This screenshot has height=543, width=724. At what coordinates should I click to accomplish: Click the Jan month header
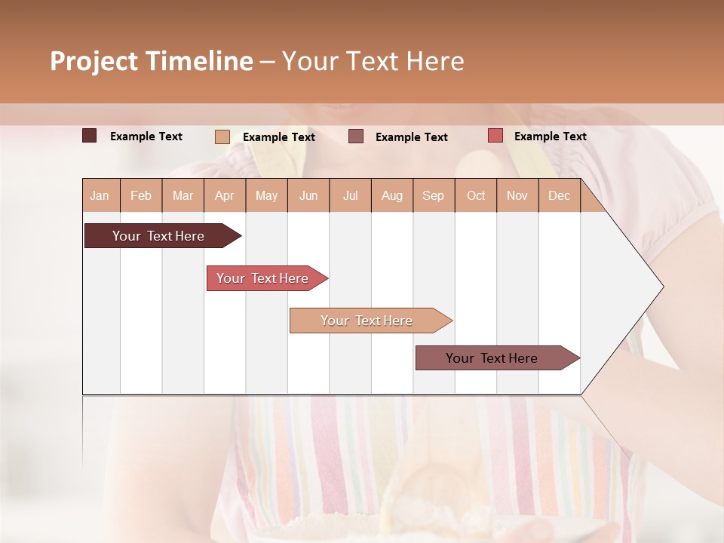[100, 195]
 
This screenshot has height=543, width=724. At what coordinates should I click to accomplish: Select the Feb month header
[141, 195]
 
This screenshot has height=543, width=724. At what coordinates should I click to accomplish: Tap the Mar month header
[183, 195]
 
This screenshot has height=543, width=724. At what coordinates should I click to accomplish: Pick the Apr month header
[224, 195]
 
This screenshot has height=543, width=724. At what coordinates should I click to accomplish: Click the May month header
[266, 195]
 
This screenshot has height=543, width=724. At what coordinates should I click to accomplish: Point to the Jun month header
[308, 195]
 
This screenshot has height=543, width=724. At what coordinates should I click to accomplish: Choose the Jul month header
[350, 195]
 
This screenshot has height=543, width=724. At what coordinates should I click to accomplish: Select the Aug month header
[391, 195]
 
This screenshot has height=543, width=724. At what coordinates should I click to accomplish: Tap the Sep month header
[433, 195]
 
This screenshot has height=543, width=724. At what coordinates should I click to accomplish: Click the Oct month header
[476, 195]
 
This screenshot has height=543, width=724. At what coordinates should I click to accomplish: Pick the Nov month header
[517, 195]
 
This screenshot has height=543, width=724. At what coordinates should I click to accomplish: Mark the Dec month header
[559, 195]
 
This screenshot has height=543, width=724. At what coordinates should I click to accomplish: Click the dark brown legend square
[90, 136]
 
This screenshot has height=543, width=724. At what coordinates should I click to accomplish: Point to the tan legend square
[222, 137]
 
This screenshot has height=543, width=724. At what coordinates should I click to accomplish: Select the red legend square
[495, 136]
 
